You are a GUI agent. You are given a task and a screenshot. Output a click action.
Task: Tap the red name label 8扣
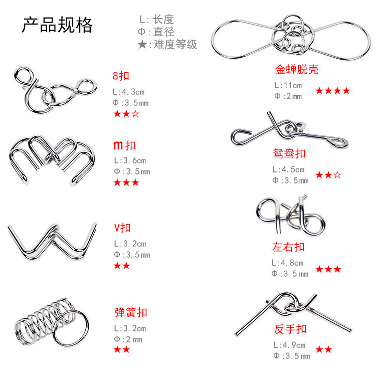121,77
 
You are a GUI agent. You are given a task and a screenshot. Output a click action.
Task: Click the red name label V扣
122,228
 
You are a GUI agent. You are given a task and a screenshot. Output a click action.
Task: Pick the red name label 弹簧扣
131,313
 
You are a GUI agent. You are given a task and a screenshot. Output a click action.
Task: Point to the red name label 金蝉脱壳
297,69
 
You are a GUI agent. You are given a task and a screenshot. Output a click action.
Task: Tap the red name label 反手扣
290,330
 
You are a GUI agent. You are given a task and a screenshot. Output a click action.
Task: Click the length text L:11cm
288,85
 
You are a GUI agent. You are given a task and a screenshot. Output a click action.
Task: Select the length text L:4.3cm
129,92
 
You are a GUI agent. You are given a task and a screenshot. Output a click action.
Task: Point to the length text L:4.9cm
289,345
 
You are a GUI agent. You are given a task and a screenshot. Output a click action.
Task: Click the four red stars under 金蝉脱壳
333,91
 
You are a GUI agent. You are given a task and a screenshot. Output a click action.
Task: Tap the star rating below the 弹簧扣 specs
122,349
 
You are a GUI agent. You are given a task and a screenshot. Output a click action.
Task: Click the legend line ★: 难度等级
168,45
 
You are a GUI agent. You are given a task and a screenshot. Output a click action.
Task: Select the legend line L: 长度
156,20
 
